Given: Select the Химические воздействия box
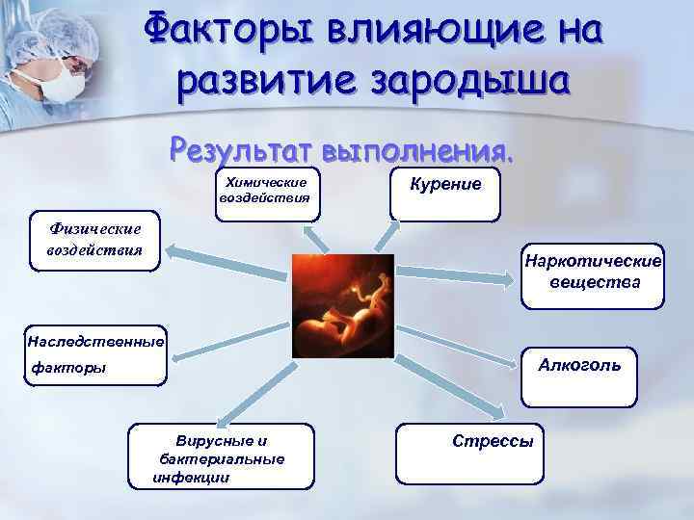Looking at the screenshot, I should coord(265,191).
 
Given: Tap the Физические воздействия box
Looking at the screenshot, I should coord(94,241).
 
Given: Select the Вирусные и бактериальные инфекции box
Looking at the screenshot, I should coord(221,455).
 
